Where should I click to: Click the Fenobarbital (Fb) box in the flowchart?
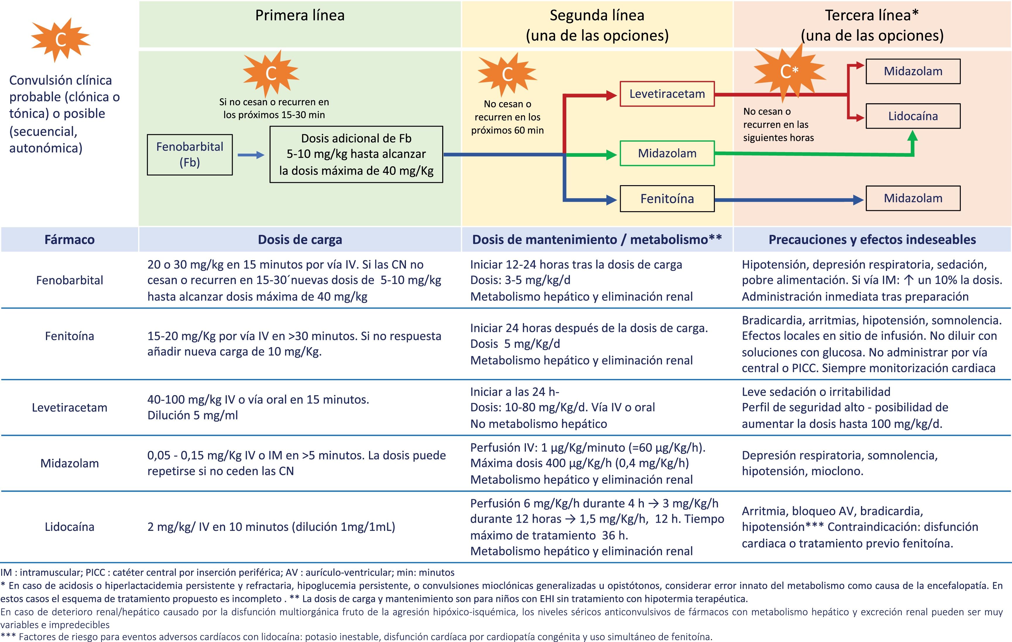pyautogui.click(x=190, y=154)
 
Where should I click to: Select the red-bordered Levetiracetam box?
pyautogui.click(x=667, y=94)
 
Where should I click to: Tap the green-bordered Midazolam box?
pyautogui.click(x=667, y=153)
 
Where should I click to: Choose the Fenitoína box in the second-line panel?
pyautogui.click(x=667, y=199)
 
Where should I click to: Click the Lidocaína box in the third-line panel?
pyautogui.click(x=913, y=116)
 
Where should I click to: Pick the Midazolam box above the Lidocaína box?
pyautogui.click(x=913, y=71)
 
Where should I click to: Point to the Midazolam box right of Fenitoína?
pyautogui.click(x=913, y=198)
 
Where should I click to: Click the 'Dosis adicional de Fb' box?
pyautogui.click(x=356, y=154)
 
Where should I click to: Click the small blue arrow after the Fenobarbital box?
pyautogui.click(x=251, y=155)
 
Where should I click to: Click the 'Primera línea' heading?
pyautogui.click(x=300, y=16)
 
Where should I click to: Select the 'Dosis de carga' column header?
pyautogui.click(x=300, y=239)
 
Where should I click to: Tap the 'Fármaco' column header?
pyautogui.click(x=69, y=239)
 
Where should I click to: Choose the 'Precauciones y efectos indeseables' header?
pyautogui.click(x=872, y=239)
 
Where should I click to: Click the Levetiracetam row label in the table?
pyautogui.click(x=69, y=407)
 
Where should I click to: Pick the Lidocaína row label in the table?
pyautogui.click(x=69, y=526)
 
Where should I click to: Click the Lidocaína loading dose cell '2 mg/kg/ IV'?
pyautogui.click(x=271, y=526)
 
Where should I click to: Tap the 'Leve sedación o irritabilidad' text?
pyautogui.click(x=816, y=391)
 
